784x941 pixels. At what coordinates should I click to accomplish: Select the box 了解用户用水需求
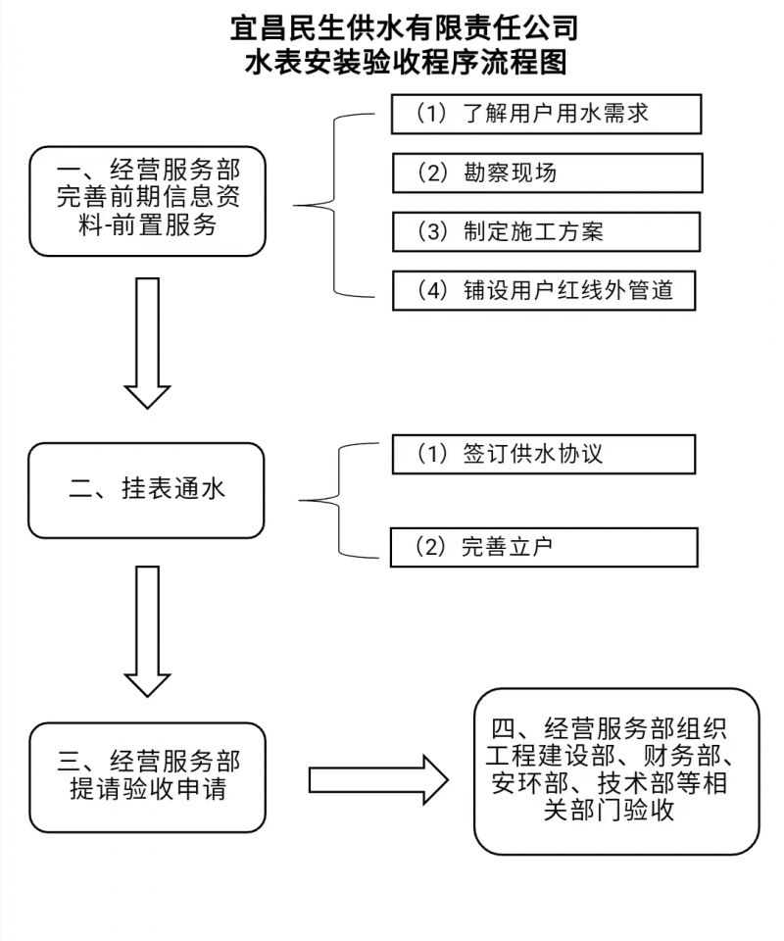click(x=546, y=114)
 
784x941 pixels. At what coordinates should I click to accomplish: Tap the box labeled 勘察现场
click(x=547, y=173)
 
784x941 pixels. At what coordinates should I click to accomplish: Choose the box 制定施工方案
click(x=546, y=231)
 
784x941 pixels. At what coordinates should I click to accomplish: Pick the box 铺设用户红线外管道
click(x=544, y=290)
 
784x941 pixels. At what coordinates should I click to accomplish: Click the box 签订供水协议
click(x=543, y=454)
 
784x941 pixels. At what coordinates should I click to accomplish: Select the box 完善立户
click(x=543, y=546)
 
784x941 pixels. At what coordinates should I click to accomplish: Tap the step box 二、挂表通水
click(x=146, y=489)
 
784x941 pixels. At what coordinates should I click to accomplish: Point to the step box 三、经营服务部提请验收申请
click(x=147, y=776)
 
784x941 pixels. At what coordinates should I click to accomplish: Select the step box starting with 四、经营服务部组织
click(x=616, y=770)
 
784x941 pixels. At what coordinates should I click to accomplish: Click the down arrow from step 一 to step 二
click(x=147, y=342)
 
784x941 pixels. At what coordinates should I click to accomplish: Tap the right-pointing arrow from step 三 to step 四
click(x=377, y=779)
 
